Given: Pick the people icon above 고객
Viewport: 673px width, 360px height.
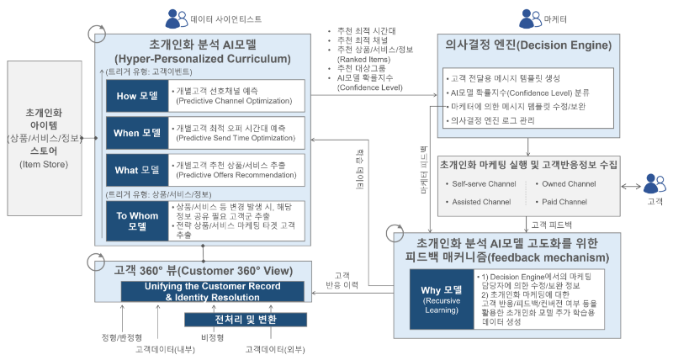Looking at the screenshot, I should (x=654, y=183).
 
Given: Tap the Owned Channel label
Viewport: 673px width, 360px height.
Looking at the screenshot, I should (x=566, y=183).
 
